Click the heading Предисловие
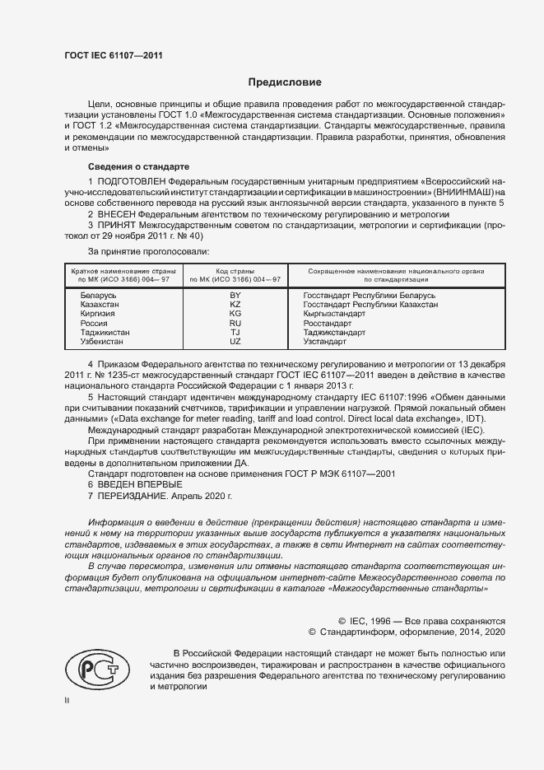tap(286, 82)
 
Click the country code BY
tap(235, 295)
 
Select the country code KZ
tap(235, 304)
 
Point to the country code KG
tap(235, 314)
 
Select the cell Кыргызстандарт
tap(334, 314)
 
